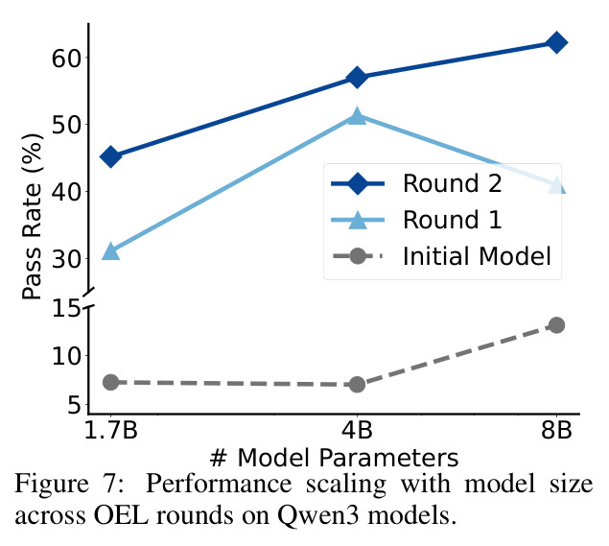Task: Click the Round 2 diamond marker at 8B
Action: pyautogui.click(x=556, y=42)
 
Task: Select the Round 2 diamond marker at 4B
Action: pyautogui.click(x=357, y=77)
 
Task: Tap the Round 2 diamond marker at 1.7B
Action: pyautogui.click(x=110, y=156)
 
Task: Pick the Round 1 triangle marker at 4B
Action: pyautogui.click(x=357, y=116)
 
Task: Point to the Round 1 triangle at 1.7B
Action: pyautogui.click(x=110, y=251)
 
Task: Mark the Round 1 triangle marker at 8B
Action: pyautogui.click(x=556, y=184)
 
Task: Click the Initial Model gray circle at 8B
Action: pyautogui.click(x=556, y=325)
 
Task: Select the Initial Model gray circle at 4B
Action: pyautogui.click(x=357, y=385)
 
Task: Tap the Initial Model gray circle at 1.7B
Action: pyautogui.click(x=110, y=383)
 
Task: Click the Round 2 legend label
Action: pyautogui.click(x=452, y=183)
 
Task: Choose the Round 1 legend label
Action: pyautogui.click(x=452, y=220)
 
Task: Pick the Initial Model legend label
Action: pyautogui.click(x=477, y=256)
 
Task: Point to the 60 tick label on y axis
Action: pyautogui.click(x=66, y=59)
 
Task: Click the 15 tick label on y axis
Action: pyautogui.click(x=66, y=309)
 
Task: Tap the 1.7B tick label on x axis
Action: pyautogui.click(x=110, y=430)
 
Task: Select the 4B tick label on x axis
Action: pyautogui.click(x=357, y=430)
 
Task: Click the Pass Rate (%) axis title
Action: pyautogui.click(x=32, y=216)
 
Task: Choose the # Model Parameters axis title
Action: pyautogui.click(x=334, y=458)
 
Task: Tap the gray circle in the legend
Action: pyautogui.click(x=358, y=256)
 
